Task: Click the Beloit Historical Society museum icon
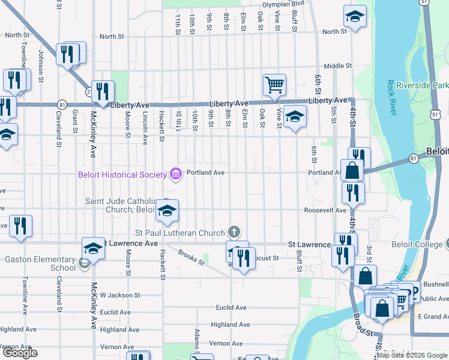click(175, 174)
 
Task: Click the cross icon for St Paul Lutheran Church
click(234, 232)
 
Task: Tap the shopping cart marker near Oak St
click(274, 85)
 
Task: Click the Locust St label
click(268, 258)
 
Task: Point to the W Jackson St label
click(120, 295)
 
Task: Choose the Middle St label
click(337, 66)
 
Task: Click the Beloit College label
click(420, 244)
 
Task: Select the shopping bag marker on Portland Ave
click(352, 170)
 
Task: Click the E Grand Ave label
click(433, 316)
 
